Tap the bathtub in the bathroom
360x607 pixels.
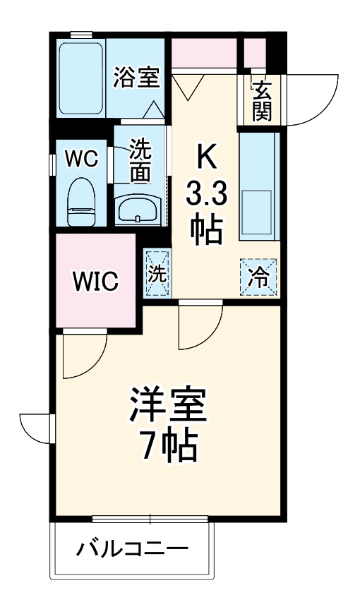pyautogui.click(x=80, y=78)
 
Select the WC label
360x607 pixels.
pyautogui.click(x=82, y=158)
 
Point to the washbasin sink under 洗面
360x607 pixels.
pyautogui.click(x=138, y=210)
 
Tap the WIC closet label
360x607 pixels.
pyautogui.click(x=95, y=282)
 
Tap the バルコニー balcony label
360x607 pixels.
pyautogui.click(x=133, y=548)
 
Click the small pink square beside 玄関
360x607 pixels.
pyautogui.click(x=254, y=51)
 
